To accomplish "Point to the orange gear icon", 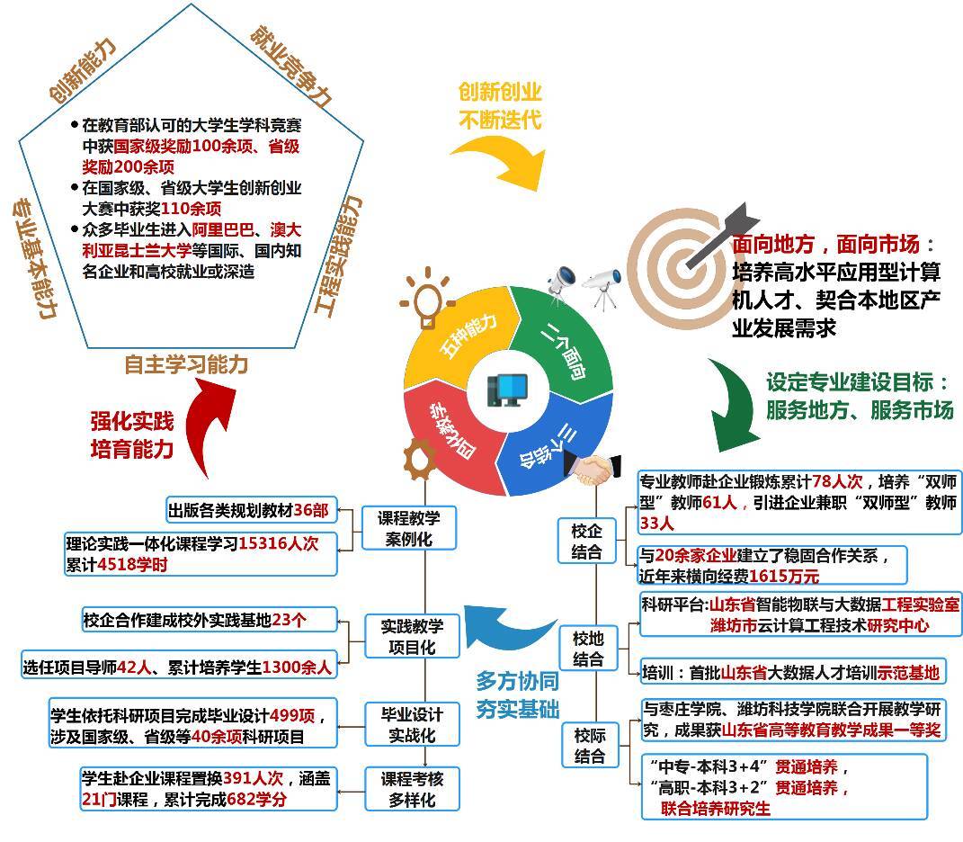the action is pos(421,459).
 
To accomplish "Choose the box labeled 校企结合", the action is pos(586,541).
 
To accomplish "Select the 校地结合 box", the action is pos(588,649).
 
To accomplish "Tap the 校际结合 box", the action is pos(590,745).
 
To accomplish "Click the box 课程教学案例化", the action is pos(409,528).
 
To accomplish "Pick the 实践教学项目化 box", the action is pos(412,636).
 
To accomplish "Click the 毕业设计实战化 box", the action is pos(412,724).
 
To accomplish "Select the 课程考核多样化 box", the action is pos(412,789).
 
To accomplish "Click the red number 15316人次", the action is pos(278,543).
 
